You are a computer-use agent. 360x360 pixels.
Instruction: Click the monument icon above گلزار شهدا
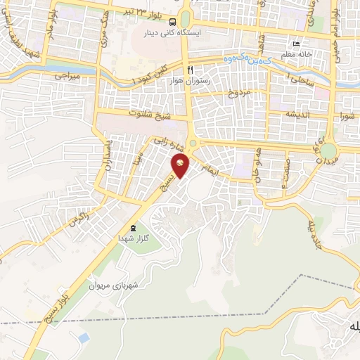coord(133,228)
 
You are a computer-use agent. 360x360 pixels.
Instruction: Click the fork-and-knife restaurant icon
coord(190,70)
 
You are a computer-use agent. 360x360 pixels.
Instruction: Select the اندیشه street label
coord(298,114)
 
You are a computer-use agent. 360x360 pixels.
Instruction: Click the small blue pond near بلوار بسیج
coord(84,338)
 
